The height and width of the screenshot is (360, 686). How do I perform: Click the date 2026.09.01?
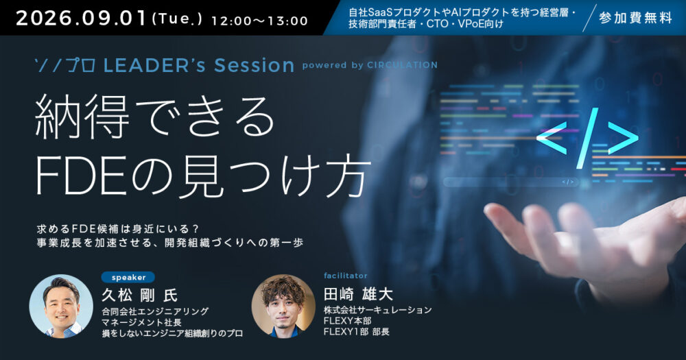coord(81,19)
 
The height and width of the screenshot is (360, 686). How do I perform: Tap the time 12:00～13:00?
coord(259,21)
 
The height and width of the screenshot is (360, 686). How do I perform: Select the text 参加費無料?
coord(635,18)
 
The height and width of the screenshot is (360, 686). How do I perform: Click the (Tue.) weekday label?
coord(177,19)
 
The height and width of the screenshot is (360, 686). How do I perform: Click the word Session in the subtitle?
coord(255,66)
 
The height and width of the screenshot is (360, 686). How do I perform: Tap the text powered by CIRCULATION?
coord(370,65)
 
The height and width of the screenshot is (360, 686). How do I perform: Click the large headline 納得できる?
coord(154,117)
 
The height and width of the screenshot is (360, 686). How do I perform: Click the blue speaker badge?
coord(128,277)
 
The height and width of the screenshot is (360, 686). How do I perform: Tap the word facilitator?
coord(346,276)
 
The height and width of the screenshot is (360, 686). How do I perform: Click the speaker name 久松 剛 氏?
coord(139,296)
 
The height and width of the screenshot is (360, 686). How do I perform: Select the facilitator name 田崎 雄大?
coord(358,294)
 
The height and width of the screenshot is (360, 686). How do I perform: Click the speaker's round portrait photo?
coord(61,307)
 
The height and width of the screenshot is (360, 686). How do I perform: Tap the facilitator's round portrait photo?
coord(283,307)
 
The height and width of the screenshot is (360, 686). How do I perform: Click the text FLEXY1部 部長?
coord(357,332)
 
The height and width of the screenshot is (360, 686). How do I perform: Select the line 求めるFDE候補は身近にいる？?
coord(118,229)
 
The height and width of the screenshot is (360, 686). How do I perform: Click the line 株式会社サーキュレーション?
coord(377,310)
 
